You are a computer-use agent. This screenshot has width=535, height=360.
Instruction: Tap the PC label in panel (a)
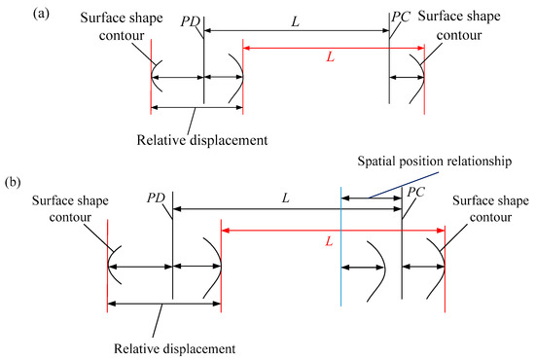click(x=400, y=17)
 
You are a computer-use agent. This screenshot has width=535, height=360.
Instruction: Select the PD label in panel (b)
click(x=157, y=198)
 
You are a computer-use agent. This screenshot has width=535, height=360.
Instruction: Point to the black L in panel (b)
click(x=285, y=198)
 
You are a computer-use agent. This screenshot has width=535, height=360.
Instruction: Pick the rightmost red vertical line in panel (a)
click(x=425, y=78)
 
